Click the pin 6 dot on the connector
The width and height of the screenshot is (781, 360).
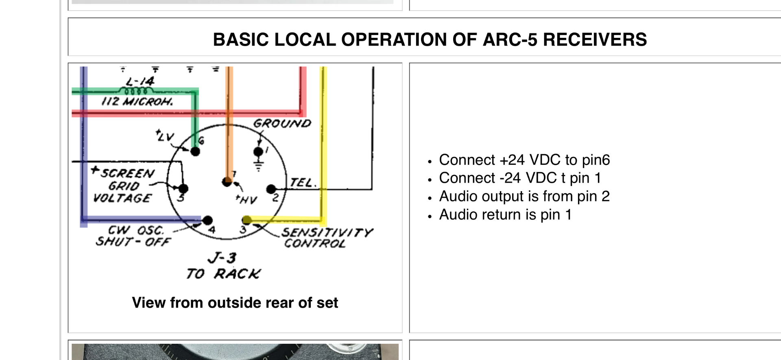(x=195, y=152)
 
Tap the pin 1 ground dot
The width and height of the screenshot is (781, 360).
(x=258, y=152)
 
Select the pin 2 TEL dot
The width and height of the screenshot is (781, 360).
(x=271, y=189)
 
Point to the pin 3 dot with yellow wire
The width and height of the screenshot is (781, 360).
(x=247, y=220)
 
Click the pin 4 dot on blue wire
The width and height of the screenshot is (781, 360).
(x=207, y=220)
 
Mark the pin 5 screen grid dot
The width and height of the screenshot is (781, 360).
(x=183, y=188)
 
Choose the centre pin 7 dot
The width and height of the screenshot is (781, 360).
(x=227, y=182)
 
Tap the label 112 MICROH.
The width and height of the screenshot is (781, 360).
(x=137, y=101)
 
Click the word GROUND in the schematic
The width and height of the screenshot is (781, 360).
(x=282, y=123)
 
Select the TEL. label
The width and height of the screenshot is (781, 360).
(x=303, y=183)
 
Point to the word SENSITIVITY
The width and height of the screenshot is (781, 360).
(x=327, y=232)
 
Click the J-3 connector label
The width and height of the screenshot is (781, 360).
(x=222, y=258)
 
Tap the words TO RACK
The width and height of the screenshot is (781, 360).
(x=223, y=274)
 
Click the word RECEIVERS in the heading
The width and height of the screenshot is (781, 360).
(x=595, y=39)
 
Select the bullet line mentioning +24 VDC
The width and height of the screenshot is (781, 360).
(x=524, y=160)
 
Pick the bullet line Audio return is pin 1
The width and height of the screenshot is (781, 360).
(x=505, y=214)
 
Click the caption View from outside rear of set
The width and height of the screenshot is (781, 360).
(x=235, y=303)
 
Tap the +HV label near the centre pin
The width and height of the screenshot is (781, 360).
(x=247, y=199)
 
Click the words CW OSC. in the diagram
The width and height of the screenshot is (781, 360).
(x=135, y=231)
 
